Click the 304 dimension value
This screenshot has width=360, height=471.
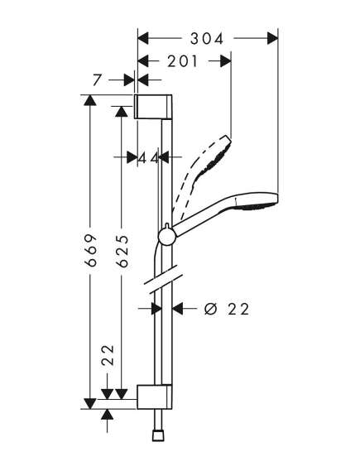coord(207,39)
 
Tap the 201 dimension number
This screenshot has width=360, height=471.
coord(183,61)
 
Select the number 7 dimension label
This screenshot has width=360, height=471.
coord(97,80)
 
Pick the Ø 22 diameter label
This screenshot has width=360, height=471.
coord(227,309)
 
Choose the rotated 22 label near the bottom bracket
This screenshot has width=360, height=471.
coord(108,355)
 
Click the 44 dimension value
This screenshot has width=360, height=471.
coord(148,157)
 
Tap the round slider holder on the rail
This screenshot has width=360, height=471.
coord(166,236)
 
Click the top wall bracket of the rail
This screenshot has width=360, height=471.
coord(153,107)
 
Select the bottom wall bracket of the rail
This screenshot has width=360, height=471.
coord(155,397)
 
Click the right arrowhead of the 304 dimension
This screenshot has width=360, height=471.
coord(272,38)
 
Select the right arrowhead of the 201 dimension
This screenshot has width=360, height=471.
coord(226,61)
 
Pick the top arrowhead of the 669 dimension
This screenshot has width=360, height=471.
coord(90,100)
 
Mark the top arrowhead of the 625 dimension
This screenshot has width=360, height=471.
coord(122,112)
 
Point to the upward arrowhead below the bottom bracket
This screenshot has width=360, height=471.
coord(108,415)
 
